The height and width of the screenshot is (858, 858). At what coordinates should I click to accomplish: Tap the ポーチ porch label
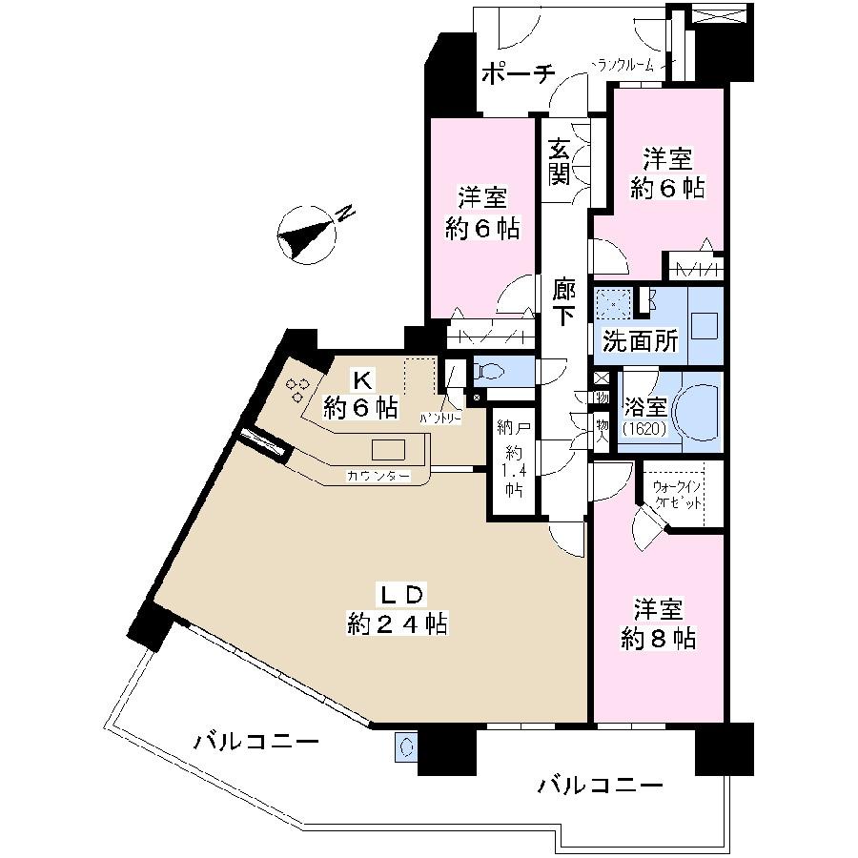tap(516, 74)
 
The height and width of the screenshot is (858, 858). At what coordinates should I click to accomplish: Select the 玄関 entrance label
tap(559, 161)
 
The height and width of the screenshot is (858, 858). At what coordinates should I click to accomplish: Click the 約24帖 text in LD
tap(398, 624)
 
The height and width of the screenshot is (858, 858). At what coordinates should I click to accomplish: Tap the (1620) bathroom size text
tap(644, 431)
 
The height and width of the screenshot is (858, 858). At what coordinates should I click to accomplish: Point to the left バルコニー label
tap(255, 742)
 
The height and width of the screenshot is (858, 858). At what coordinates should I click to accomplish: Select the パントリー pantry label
tap(441, 418)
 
